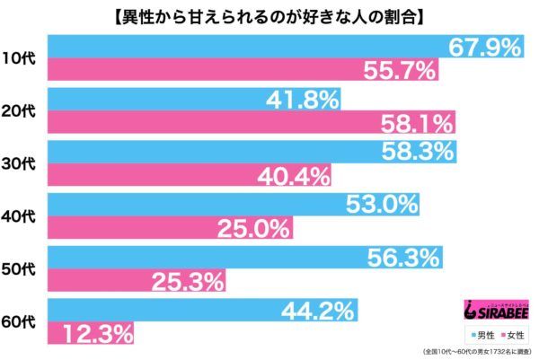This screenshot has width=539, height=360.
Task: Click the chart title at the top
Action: [269, 14]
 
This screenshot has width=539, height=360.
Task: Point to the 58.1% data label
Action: [410, 123]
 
